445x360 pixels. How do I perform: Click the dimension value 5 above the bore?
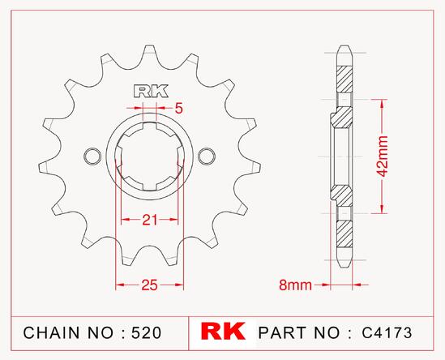pyautogui.click(x=179, y=108)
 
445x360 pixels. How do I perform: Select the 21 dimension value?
pyautogui.click(x=150, y=220)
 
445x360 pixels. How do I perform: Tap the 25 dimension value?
pyautogui.click(x=150, y=285)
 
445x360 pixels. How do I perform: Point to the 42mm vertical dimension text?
pyautogui.click(x=383, y=156)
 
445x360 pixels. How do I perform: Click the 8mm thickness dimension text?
pyautogui.click(x=295, y=285)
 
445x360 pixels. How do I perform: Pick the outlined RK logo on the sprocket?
pyautogui.click(x=151, y=92)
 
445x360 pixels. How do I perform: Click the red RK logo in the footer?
pyautogui.click(x=223, y=331)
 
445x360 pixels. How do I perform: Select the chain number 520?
pyautogui.click(x=147, y=332)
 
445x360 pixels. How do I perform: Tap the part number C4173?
pyautogui.click(x=387, y=332)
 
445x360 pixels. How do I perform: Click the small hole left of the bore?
pyautogui.click(x=92, y=156)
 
